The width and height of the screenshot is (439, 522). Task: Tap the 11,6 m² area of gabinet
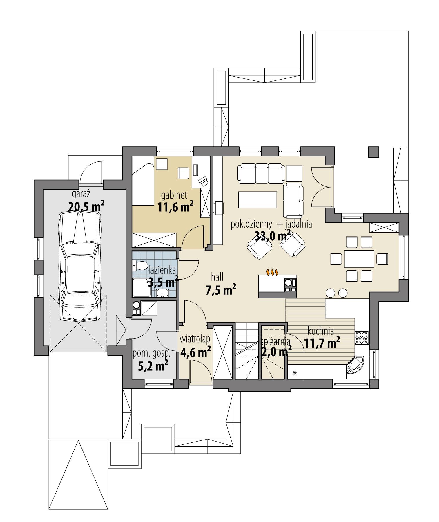tap(175, 207)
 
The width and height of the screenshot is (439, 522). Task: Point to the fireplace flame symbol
tap(273, 272)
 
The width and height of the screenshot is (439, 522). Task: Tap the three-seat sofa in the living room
tap(260, 174)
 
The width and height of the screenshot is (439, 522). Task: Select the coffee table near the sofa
tap(257, 200)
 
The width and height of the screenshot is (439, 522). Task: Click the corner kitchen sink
tap(355, 365)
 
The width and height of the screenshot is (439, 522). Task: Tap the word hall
tap(217, 277)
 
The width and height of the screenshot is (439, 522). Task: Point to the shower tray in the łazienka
tap(142, 288)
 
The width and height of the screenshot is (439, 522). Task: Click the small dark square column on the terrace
tap(373, 152)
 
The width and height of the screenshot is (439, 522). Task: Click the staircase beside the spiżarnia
tap(246, 353)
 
